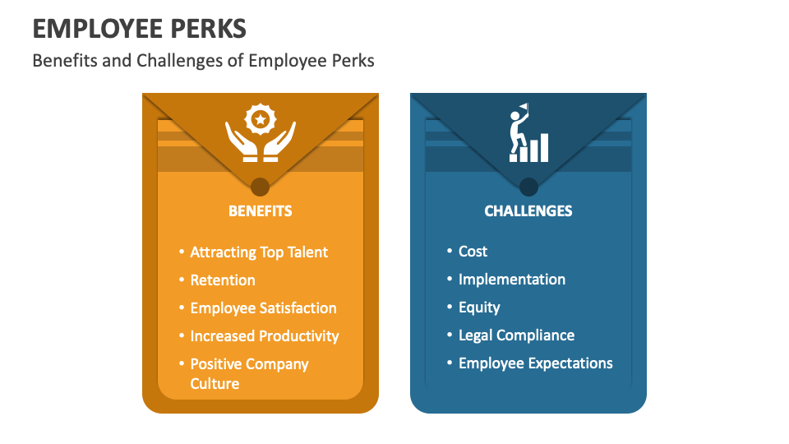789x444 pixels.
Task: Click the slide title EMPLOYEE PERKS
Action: pos(139,29)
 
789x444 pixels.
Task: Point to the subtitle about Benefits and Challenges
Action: pos(203,61)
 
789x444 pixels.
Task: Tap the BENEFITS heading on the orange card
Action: pos(260,210)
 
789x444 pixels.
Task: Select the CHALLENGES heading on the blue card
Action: pos(528,210)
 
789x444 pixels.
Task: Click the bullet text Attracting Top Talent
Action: pos(259,252)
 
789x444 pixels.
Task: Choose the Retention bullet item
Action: pos(223,280)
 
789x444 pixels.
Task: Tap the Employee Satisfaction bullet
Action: pos(263,308)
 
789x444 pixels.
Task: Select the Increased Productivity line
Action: pos(265,336)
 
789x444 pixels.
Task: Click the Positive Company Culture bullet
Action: pos(249,373)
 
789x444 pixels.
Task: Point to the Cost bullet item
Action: pos(473,252)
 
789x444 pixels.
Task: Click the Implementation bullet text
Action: pos(511,280)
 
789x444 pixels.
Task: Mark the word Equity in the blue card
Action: pos(479,308)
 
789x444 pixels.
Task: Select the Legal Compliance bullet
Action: pos(516,335)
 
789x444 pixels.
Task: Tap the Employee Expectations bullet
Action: pos(535,363)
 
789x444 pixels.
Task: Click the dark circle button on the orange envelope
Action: pos(260,186)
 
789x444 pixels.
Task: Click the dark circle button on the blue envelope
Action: pos(528,186)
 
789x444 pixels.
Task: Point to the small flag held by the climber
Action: pos(524,107)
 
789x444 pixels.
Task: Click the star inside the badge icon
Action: pos(260,120)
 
